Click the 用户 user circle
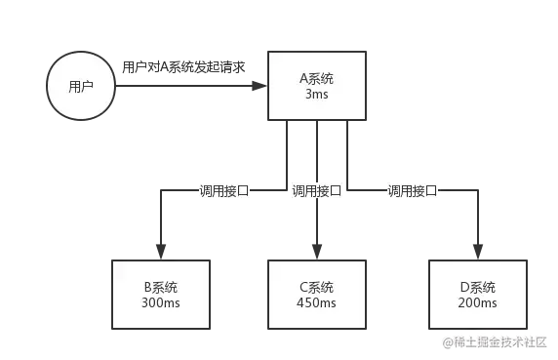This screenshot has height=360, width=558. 81,86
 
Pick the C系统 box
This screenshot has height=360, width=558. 315,295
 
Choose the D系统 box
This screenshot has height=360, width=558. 477,295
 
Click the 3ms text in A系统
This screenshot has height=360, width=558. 316,97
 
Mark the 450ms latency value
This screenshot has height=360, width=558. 315,302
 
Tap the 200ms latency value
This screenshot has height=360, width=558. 477,302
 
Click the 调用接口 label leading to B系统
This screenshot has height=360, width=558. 222,191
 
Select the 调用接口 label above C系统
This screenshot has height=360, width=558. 317,191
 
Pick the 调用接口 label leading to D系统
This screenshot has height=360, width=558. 413,191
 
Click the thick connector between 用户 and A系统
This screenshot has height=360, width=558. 191,86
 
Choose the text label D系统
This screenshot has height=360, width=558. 477,287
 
